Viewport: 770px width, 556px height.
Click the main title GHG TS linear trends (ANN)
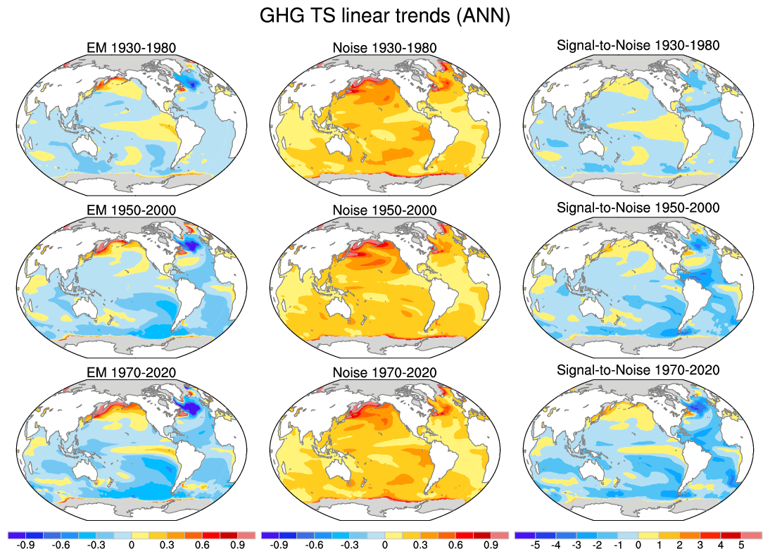(x=384, y=15)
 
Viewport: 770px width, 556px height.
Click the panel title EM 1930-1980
(x=129, y=48)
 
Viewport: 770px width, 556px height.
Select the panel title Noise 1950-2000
(x=384, y=210)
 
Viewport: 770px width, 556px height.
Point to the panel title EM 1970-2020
(x=129, y=372)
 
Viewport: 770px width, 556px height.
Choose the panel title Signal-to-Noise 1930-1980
(x=638, y=46)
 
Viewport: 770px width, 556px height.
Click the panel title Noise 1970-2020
(x=384, y=372)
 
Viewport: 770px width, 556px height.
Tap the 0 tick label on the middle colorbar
(x=384, y=544)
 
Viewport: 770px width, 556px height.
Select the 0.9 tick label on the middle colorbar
(x=491, y=544)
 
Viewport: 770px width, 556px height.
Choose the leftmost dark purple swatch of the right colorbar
(x=524, y=535)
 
